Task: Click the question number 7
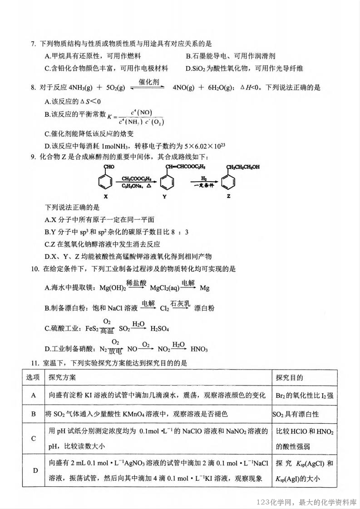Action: (33, 44)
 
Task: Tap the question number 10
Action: (35, 269)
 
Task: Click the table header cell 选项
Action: (33, 378)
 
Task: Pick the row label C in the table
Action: (33, 438)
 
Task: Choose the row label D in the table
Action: (33, 470)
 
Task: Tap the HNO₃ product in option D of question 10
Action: (199, 349)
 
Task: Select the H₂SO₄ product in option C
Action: (160, 329)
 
